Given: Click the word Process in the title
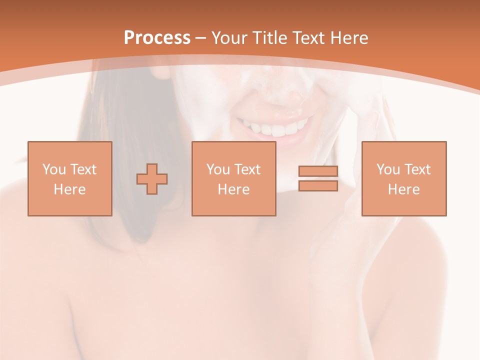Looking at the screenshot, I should pos(157,37).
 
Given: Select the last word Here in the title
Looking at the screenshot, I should pos(349,37).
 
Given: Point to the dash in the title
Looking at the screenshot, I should pos(201,38).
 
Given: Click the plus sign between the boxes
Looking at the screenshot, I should pos(152,179).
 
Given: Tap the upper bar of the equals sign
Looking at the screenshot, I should pos(318,171).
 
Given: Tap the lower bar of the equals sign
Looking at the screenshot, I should pos(318,186).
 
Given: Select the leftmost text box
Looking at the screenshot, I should pos(69,178).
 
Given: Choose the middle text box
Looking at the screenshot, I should pos(233,178).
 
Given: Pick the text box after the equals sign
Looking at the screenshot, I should pos(403,178).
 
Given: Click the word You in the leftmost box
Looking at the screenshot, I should pos(53,169).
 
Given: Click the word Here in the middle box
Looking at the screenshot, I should pos(233,189).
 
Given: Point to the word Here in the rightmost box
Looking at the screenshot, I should pos(403,189).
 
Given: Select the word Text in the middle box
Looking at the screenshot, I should pos(246,169).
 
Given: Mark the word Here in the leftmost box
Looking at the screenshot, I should pos(69,189).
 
